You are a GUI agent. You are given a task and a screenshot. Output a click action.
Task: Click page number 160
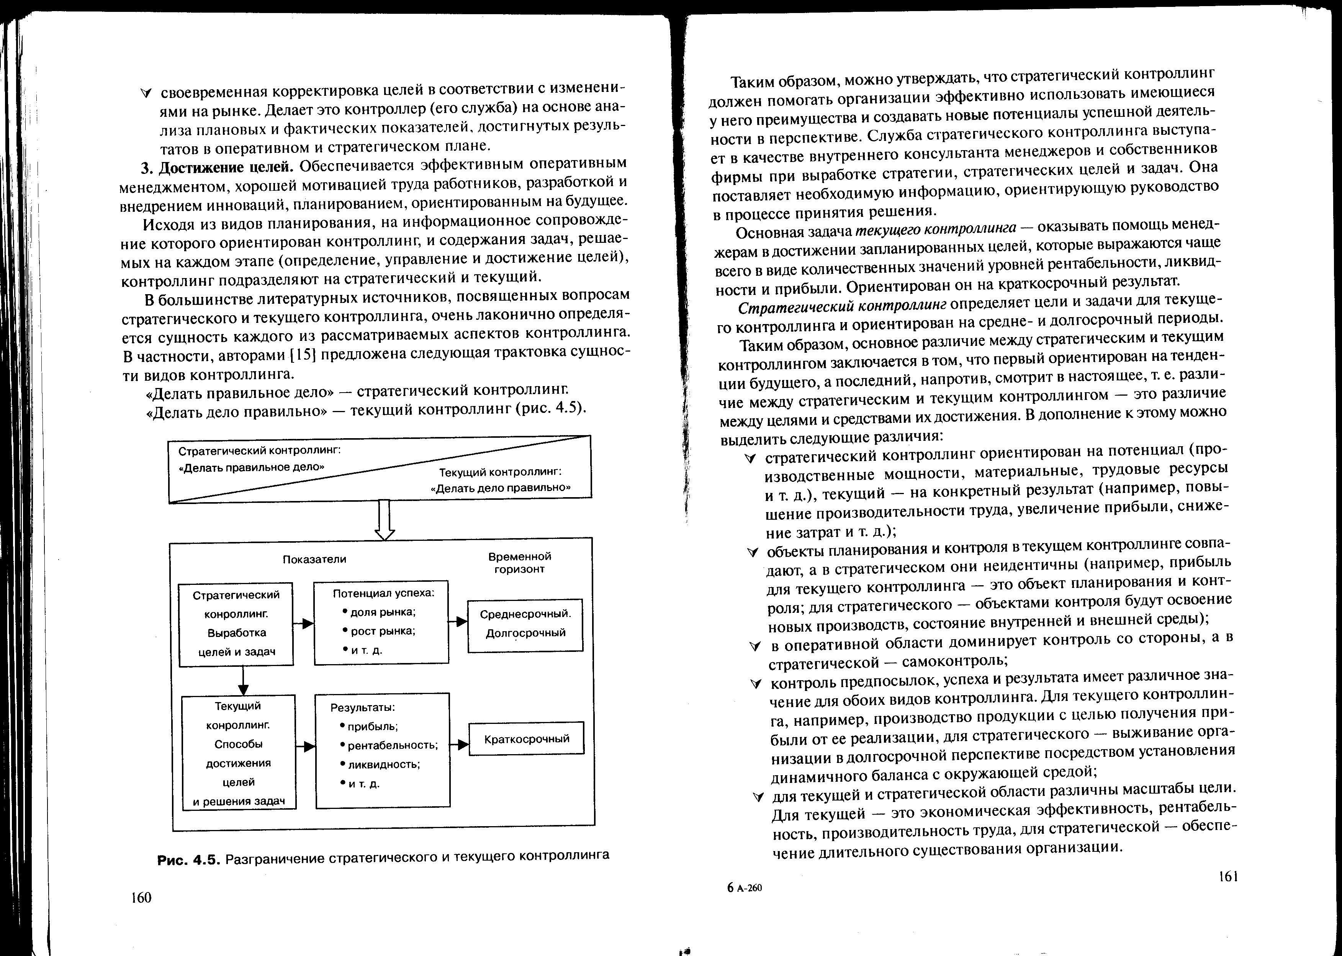tap(141, 897)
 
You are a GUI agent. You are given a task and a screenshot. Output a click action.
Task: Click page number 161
tap(1228, 877)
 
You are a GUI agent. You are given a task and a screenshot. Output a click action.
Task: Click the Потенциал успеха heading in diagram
tap(384, 593)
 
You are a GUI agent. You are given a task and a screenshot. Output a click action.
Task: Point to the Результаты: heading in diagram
tap(363, 707)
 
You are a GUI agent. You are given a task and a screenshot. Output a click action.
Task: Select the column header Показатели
tap(314, 559)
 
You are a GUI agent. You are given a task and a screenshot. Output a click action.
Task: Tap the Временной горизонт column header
tap(520, 563)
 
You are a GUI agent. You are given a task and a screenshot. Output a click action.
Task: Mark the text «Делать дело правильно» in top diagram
tap(501, 488)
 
